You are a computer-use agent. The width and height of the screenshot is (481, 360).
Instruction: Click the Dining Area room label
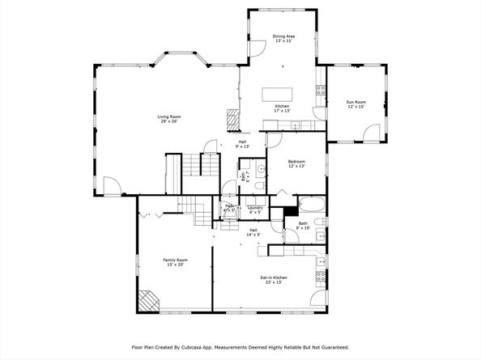(283, 38)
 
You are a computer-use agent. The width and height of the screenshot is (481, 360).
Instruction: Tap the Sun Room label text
(356, 104)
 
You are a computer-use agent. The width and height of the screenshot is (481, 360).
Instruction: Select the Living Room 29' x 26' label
(168, 120)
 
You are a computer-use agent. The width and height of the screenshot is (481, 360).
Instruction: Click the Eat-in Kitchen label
(271, 280)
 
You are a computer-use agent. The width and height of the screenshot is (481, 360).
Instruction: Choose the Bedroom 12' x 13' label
(296, 164)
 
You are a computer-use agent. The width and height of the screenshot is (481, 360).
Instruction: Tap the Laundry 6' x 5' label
(255, 210)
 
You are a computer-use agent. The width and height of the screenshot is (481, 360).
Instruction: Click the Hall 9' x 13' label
(241, 144)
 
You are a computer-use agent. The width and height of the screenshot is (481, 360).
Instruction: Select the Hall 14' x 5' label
(253, 232)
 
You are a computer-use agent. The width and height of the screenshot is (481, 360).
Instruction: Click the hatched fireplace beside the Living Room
(232, 120)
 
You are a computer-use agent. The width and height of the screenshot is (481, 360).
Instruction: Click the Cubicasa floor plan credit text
(240, 347)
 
